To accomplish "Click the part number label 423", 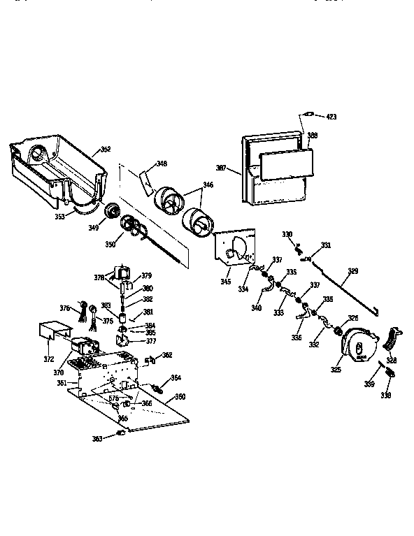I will pyautogui.click(x=331, y=116).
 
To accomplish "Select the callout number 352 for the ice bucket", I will pyautogui.click(x=106, y=149).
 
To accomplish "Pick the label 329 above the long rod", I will pyautogui.click(x=352, y=270).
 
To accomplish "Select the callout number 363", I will pyautogui.click(x=97, y=439).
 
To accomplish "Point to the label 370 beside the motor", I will pyautogui.click(x=58, y=374).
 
